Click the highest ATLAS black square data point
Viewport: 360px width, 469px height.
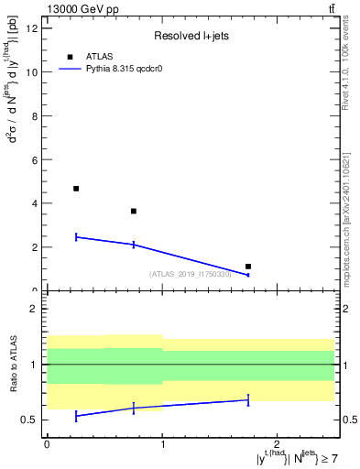tap(76, 189)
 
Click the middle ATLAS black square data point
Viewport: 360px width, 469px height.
tap(134, 211)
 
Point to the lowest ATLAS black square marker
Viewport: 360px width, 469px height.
tap(248, 267)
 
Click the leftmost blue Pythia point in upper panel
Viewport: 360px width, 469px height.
tap(76, 237)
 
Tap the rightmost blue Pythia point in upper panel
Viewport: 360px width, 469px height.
tap(248, 275)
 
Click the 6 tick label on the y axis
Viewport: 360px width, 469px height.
tap(34, 159)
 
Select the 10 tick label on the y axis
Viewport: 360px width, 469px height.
tap(31, 71)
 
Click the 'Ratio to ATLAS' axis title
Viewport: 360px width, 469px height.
tap(14, 365)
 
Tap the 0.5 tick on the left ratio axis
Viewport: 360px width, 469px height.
tap(28, 420)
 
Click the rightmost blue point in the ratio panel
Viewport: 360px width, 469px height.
tap(248, 399)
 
